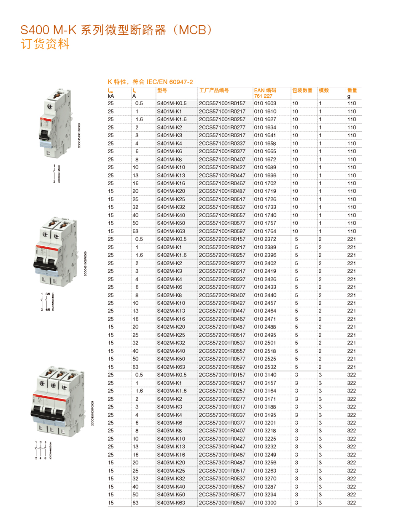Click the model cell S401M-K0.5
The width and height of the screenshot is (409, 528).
(172, 103)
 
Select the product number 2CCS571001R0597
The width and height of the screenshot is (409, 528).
(222, 231)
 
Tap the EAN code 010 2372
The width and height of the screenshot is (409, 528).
(265, 239)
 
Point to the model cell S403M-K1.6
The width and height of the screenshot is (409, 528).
(172, 391)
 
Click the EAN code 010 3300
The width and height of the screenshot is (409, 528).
(265, 503)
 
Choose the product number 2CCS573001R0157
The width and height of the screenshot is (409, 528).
(222, 375)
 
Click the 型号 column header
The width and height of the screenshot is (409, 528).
(162, 90)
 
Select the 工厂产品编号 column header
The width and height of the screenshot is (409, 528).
(214, 90)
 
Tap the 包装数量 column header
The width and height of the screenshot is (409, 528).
(302, 90)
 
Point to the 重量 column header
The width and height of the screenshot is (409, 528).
(352, 90)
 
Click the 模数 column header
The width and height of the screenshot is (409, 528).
(324, 90)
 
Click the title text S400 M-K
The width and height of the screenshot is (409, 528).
(48, 30)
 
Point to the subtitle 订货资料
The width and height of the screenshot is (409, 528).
(45, 44)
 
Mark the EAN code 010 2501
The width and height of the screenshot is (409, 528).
(265, 343)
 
